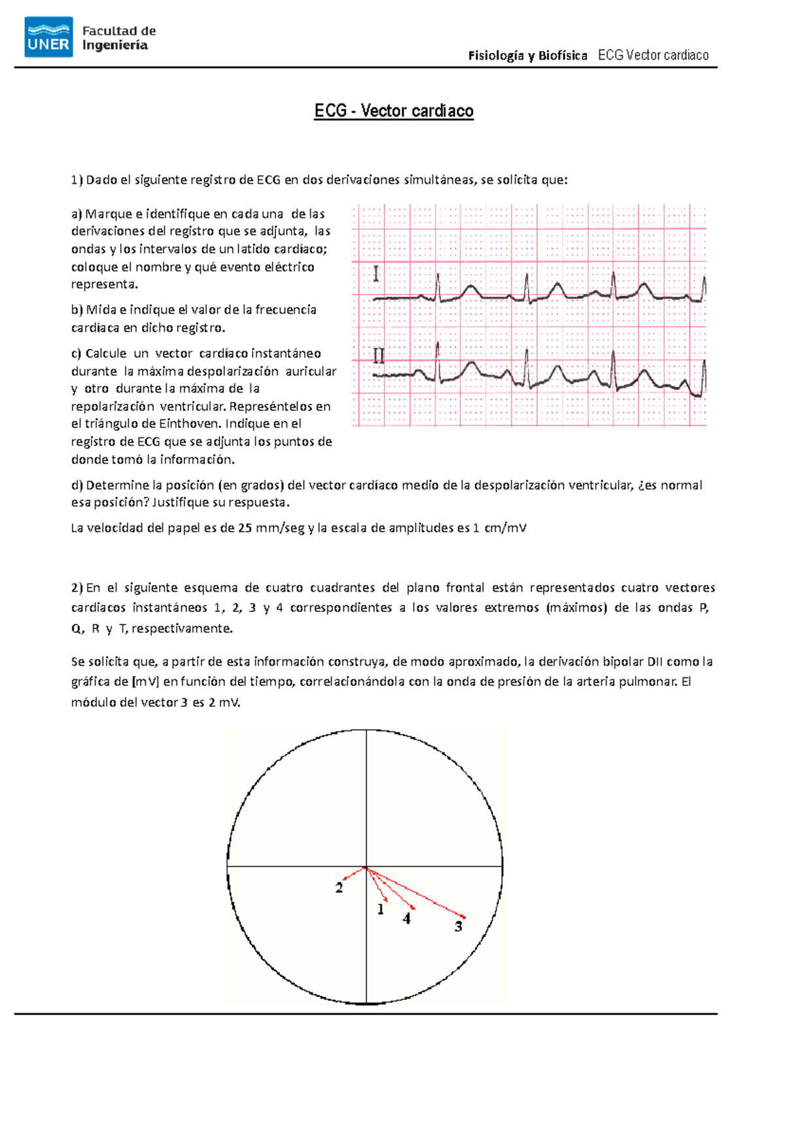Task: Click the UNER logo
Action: click(48, 37)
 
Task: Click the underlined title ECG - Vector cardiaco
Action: click(394, 111)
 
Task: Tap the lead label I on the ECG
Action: click(375, 274)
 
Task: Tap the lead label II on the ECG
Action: click(379, 356)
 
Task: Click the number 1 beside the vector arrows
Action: click(381, 909)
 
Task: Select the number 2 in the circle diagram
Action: click(339, 888)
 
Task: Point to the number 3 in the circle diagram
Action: click(459, 927)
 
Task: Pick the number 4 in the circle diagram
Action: click(407, 919)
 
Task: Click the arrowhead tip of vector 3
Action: click(465, 917)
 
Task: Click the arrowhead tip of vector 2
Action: click(343, 879)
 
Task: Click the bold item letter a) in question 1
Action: click(77, 214)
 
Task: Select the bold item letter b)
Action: click(77, 310)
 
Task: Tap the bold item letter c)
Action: click(77, 353)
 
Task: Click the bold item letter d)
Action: click(77, 485)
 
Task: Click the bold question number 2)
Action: click(77, 588)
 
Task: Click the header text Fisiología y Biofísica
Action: click(527, 56)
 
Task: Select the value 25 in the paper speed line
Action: click(245, 528)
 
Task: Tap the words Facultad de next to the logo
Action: click(119, 31)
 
